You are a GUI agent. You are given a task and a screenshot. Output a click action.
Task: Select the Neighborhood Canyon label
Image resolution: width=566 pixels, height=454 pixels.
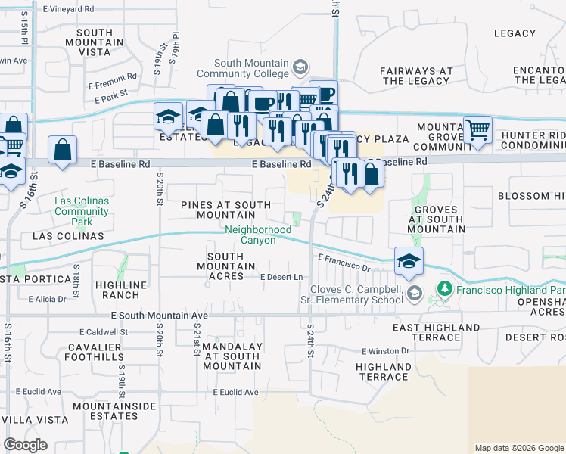point(257,235)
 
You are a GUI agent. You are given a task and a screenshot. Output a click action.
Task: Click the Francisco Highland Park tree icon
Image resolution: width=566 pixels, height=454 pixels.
point(445,289)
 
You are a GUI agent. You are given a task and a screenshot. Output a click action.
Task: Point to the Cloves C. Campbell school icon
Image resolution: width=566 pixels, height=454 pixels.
point(413,293)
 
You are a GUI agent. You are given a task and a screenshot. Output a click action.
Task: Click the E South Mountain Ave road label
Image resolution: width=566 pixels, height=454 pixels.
point(159,315)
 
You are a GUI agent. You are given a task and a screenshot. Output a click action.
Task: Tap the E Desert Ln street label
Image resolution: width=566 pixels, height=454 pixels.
point(281,278)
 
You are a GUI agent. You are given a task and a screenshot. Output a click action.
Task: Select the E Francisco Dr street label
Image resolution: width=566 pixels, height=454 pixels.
point(344,263)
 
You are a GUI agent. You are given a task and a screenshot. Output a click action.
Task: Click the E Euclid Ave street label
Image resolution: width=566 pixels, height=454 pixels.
point(235,392)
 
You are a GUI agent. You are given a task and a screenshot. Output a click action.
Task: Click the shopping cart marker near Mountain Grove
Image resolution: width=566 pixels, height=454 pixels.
point(477,129)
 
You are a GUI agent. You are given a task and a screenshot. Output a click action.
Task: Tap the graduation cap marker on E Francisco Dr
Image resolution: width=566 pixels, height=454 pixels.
point(409,261)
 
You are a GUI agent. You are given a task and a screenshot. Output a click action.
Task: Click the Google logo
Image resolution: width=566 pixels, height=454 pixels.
point(25,445)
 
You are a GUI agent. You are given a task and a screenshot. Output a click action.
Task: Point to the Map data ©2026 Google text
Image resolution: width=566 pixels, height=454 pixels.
point(518,448)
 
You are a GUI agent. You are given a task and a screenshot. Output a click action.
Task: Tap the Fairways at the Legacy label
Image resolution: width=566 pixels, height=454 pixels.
point(417,76)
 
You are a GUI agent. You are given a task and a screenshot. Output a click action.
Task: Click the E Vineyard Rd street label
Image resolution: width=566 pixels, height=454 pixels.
point(69,9)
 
